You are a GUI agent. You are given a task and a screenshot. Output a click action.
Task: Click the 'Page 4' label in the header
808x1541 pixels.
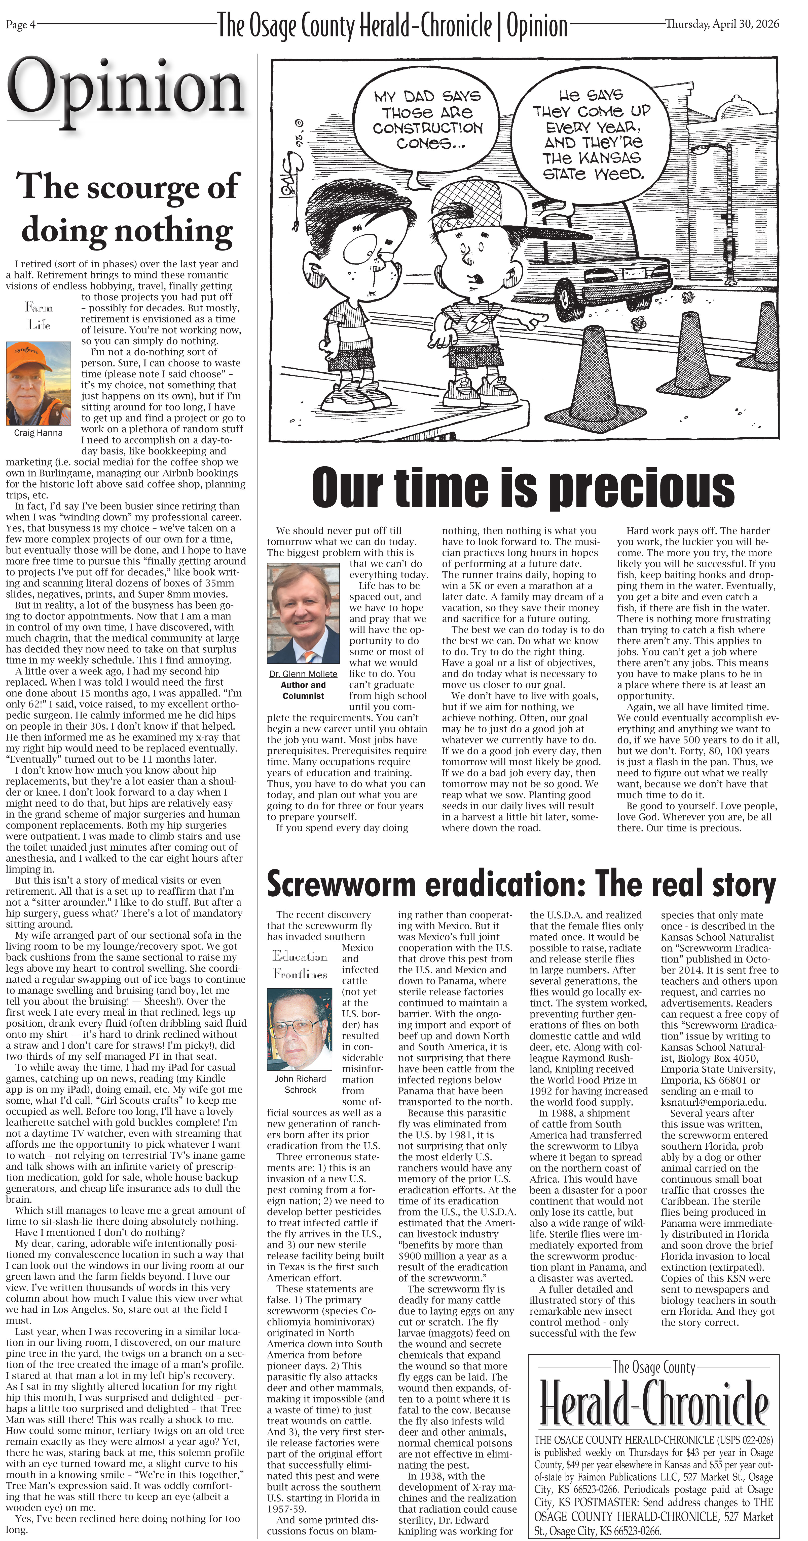pyautogui.click(x=20, y=25)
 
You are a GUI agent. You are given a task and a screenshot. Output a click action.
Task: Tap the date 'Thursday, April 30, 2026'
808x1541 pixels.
pyautogui.click(x=722, y=24)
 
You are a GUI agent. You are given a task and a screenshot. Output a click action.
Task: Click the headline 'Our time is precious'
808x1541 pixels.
pyautogui.click(x=523, y=487)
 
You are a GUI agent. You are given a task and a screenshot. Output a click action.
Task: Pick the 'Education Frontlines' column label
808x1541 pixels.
pyautogui.click(x=300, y=965)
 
